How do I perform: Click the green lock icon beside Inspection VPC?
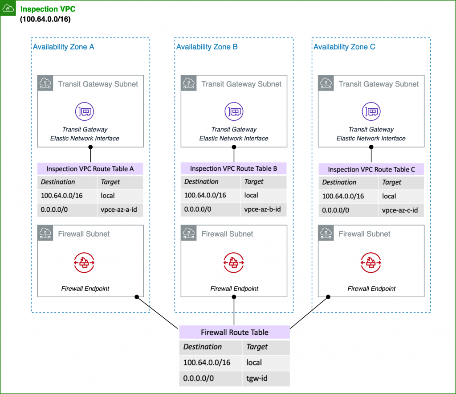pos(8,8)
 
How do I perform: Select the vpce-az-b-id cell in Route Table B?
pos(263,209)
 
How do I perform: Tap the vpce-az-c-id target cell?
pos(400,210)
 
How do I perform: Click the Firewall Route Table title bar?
pos(234,332)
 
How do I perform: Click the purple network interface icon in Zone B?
pos(234,111)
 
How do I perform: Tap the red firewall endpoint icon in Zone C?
pos(371,263)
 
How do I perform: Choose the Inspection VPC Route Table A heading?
pos(90,169)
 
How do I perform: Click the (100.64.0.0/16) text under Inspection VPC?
pos(45,20)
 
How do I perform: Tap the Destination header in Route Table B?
pos(201,182)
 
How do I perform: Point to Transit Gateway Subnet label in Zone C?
pos(379,84)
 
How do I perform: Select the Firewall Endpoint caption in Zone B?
pos(234,288)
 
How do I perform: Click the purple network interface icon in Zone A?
pos(85,111)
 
